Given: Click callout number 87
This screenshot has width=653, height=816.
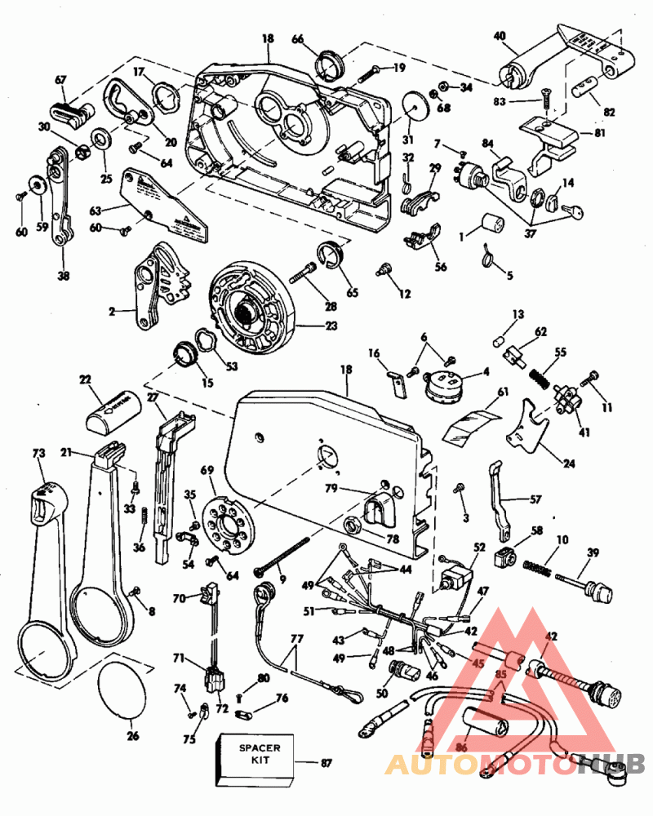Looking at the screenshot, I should pyautogui.click(x=326, y=763).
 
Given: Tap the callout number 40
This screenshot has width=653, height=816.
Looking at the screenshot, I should pyautogui.click(x=500, y=36).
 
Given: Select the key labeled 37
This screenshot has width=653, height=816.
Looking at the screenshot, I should pyautogui.click(x=577, y=213).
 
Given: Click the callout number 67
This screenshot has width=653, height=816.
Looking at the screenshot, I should pyautogui.click(x=60, y=79).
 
